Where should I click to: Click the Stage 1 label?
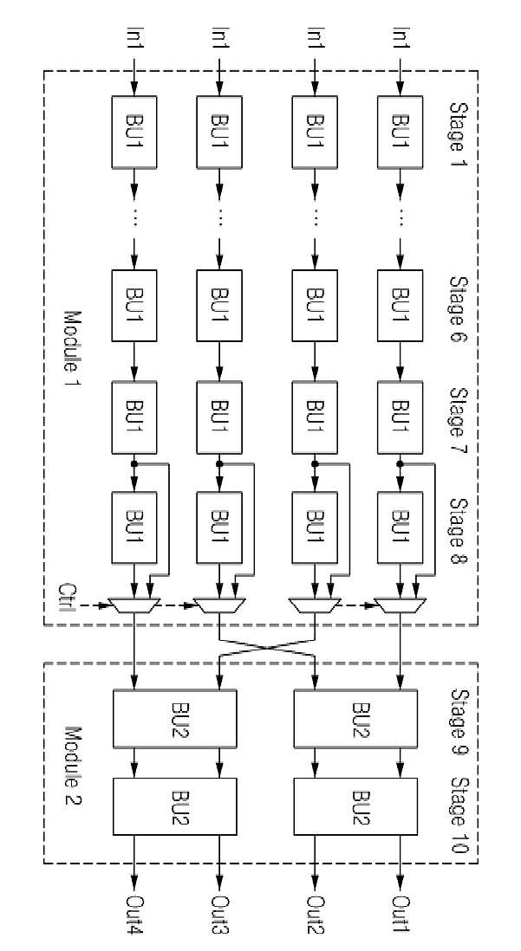coord(459,135)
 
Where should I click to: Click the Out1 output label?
coord(401,914)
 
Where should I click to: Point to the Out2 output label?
coord(316,914)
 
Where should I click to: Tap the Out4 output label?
coord(134,914)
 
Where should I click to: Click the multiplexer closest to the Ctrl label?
coord(134,604)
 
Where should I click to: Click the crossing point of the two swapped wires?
coord(267,647)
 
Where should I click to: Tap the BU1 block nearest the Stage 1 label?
coord(401,132)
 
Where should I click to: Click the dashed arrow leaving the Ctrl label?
coord(91,604)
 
